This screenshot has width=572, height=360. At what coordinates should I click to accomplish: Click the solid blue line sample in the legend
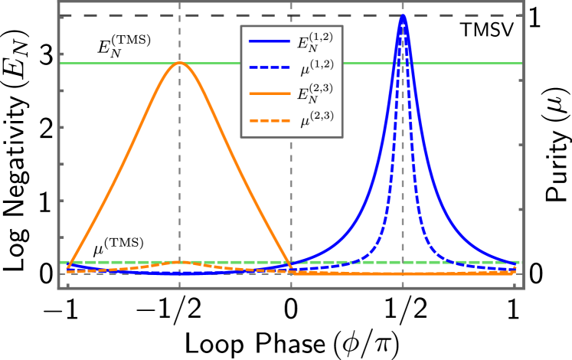[270, 41]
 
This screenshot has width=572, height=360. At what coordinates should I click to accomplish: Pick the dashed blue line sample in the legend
[270, 67]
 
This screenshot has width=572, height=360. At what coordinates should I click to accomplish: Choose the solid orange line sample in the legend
[270, 93]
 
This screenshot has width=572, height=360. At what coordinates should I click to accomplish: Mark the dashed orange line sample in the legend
[270, 120]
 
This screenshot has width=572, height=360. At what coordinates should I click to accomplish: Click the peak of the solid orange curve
[180, 63]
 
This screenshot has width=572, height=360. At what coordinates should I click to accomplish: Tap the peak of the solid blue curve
[403, 15]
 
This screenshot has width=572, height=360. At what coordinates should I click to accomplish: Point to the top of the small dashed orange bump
[180, 262]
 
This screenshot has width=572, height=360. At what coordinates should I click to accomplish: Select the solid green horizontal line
[115, 63]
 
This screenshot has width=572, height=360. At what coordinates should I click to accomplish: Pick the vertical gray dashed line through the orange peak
[180, 169]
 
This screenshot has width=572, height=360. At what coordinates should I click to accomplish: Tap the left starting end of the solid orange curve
[67, 268]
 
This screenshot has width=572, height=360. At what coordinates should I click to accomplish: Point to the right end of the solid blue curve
[515, 266]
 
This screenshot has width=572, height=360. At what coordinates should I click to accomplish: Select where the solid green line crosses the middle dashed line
[291, 63]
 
